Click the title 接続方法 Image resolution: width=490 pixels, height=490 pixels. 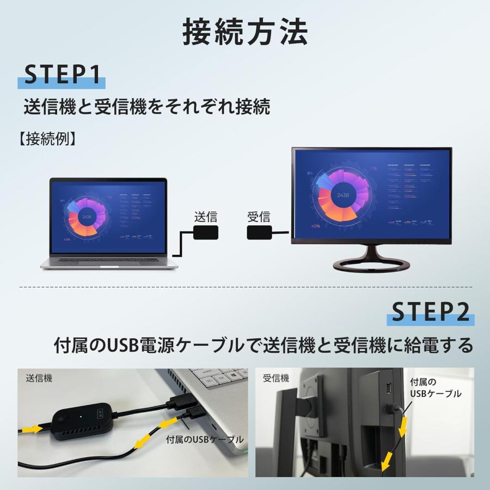pos(244,33)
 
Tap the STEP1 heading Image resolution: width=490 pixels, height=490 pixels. pos(62,75)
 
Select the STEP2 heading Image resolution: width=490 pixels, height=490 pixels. pos(431,312)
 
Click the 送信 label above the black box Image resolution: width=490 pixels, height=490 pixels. pos(206,216)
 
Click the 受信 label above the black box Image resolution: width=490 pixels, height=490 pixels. pos(259,216)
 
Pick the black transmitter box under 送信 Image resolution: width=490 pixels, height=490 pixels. pos(206,232)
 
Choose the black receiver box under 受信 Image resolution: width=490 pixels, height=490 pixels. pos(259,232)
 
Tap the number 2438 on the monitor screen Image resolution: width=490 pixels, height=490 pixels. pos(343,195)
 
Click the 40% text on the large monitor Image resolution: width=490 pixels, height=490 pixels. pos(316,225)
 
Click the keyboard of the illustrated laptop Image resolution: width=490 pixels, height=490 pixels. pos(109,260)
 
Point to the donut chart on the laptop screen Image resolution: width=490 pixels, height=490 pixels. pos(87,217)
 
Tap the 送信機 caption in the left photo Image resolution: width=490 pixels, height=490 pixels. pos(39,378)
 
